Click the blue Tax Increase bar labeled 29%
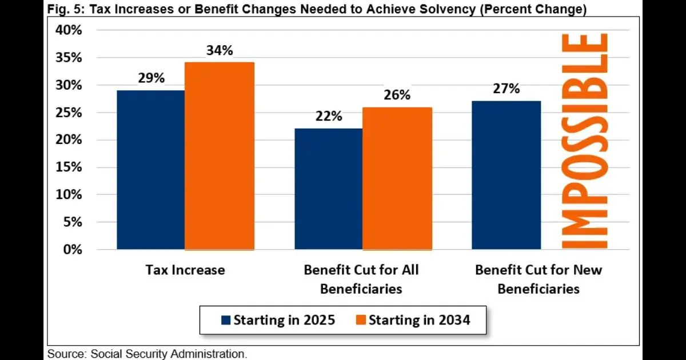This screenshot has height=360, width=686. [151, 170]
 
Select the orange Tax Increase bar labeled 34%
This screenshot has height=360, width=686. [220, 155]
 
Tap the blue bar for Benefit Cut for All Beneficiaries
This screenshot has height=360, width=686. [328, 189]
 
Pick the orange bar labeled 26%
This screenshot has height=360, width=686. [397, 178]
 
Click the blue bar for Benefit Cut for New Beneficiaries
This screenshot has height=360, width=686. [506, 175]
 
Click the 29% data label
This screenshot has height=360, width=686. [151, 78]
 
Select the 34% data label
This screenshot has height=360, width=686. [220, 50]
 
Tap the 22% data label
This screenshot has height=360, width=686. [328, 116]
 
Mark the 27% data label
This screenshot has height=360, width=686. [506, 89]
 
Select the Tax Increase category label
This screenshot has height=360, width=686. [185, 270]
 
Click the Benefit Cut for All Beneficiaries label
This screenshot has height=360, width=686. [361, 279]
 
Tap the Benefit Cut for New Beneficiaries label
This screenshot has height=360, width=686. [539, 279]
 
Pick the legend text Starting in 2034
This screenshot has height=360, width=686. [419, 319]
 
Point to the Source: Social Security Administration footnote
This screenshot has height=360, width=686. [147, 354]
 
